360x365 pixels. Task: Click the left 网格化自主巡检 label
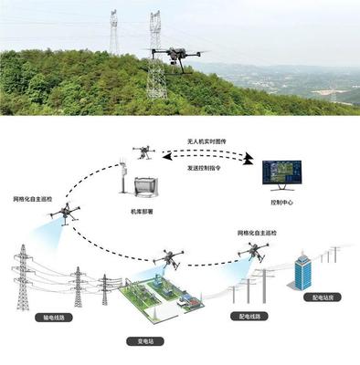[x=35, y=197]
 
